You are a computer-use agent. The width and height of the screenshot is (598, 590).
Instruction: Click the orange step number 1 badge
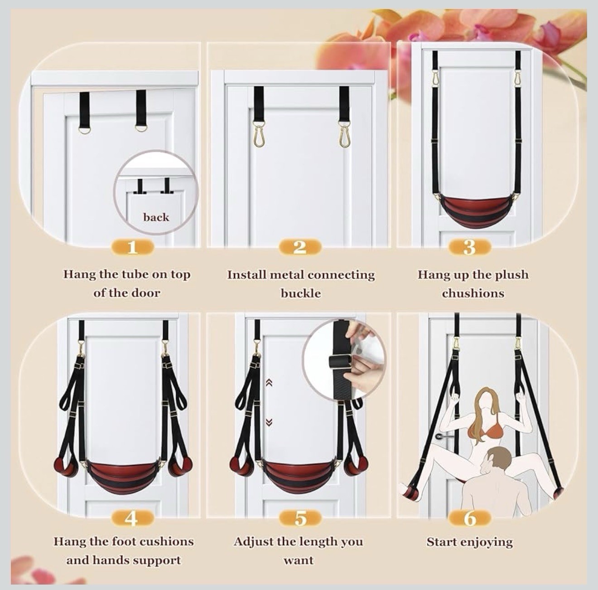[132, 247]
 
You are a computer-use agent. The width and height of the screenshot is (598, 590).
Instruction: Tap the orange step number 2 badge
[300, 247]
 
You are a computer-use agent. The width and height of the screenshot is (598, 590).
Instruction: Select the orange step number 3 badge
[470, 247]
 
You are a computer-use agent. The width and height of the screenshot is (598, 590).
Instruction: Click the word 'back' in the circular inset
[156, 217]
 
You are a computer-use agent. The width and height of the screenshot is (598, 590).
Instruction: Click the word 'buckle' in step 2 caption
[301, 293]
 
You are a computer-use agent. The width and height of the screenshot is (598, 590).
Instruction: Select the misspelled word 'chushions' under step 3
[473, 293]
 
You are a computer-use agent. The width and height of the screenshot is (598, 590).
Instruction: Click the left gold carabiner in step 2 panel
[259, 135]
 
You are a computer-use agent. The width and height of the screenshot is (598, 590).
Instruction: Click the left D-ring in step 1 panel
[85, 128]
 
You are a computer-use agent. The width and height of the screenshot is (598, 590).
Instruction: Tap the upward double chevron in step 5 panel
[270, 383]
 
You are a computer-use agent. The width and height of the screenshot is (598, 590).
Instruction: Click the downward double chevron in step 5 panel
[270, 422]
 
